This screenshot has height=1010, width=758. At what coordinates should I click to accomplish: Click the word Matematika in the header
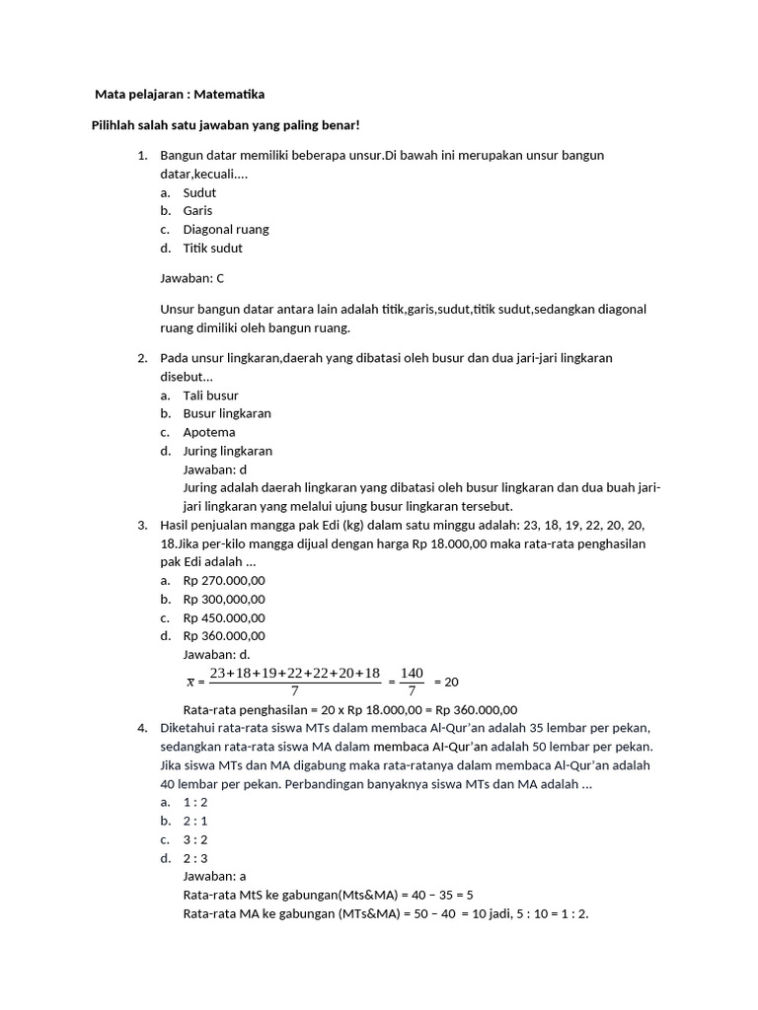tap(229, 95)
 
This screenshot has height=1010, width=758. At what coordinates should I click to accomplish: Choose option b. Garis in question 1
tap(197, 211)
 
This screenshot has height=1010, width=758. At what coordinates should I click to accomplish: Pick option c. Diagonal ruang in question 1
tap(225, 230)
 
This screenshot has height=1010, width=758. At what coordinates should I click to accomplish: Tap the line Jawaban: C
tap(192, 279)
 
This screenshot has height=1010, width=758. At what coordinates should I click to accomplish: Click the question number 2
tap(142, 358)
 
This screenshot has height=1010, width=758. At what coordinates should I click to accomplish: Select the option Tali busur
tap(210, 396)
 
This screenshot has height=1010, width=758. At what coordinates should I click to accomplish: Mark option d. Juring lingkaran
tap(227, 451)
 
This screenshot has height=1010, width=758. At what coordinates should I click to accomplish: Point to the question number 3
tap(142, 525)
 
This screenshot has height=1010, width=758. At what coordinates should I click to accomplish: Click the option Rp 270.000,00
tap(224, 581)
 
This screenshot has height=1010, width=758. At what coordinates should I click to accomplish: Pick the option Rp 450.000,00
tap(224, 617)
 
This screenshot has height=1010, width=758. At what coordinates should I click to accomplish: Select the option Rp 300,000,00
tap(224, 600)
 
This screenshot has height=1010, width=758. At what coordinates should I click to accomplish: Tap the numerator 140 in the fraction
tap(412, 673)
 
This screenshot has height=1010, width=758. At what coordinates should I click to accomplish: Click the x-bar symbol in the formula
tap(190, 682)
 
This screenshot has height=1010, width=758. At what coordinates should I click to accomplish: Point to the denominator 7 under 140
tap(412, 691)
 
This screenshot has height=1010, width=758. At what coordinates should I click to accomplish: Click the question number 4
tap(142, 728)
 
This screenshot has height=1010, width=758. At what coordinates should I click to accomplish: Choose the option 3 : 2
tap(195, 839)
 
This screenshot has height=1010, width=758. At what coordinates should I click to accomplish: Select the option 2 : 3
tap(195, 858)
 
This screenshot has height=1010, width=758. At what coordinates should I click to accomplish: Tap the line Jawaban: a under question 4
tap(215, 876)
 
